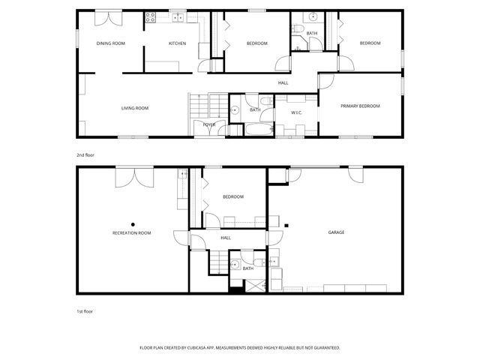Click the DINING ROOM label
pyautogui.click(x=110, y=43)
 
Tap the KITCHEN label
pyautogui.click(x=177, y=43)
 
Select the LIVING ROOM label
pyautogui.click(x=135, y=108)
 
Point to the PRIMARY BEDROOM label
pyautogui.click(x=360, y=106)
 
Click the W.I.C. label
pyautogui.click(x=296, y=113)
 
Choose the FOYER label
pyautogui.click(x=209, y=124)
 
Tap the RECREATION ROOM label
pyautogui.click(x=132, y=233)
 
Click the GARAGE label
pyautogui.click(x=336, y=232)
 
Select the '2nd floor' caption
pyautogui.click(x=85, y=155)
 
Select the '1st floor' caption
pyautogui.click(x=85, y=310)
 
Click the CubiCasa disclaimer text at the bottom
pyautogui.click(x=240, y=348)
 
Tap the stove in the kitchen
pyautogui.click(x=150, y=16)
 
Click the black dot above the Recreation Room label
pyautogui.click(x=133, y=223)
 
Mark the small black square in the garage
pyautogui.click(x=286, y=223)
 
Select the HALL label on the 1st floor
pyautogui.click(x=226, y=238)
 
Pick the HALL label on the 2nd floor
pyautogui.click(x=283, y=82)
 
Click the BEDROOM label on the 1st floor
pyautogui.click(x=233, y=196)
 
